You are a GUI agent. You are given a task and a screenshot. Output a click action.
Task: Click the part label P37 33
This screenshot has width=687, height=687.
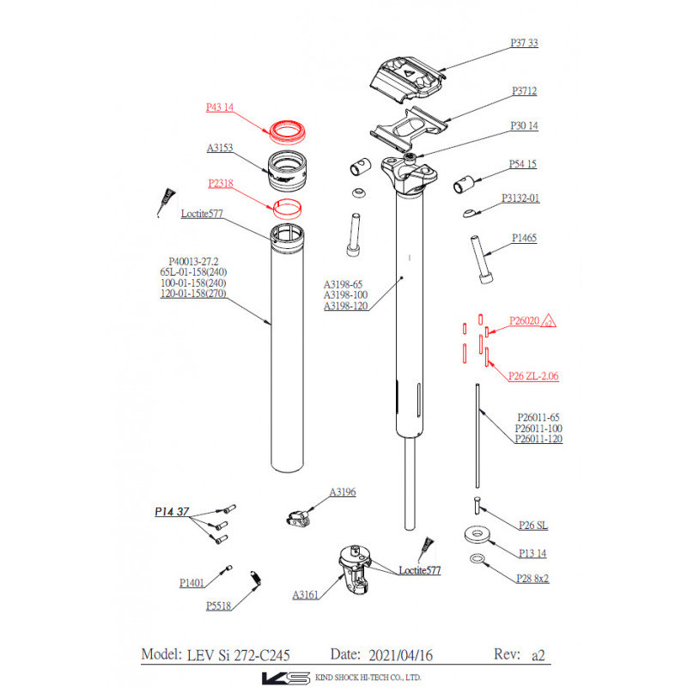coord(524,43)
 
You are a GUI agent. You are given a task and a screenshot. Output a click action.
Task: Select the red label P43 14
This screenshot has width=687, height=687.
coord(221,107)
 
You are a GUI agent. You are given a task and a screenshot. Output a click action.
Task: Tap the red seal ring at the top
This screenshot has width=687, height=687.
coord(289,131)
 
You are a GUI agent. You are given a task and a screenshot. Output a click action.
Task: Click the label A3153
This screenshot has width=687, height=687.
coord(221,148)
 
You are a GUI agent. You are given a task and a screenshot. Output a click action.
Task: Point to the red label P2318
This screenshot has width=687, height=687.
coord(221,183)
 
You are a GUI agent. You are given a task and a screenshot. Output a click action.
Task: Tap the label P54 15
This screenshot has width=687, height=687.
coord(523,164)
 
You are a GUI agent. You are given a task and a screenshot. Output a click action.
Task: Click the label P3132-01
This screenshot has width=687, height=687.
coord(520,198)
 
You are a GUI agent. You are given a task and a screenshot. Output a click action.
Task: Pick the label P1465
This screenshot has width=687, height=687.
coord(524,238)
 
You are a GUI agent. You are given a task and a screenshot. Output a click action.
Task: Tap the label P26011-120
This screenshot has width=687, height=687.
coord(538,439)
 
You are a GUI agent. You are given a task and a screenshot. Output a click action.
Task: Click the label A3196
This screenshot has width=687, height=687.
coord(343,492)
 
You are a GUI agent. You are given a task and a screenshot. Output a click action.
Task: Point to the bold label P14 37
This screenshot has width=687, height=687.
coord(172,512)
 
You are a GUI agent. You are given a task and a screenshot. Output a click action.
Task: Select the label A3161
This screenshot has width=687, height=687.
coord(306,594)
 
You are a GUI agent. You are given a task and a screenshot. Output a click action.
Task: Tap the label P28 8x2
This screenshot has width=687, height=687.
coord(532,578)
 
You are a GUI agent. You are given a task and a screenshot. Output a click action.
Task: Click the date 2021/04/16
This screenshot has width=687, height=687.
coord(400,655)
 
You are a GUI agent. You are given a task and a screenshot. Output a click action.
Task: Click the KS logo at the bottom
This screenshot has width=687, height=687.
coord(286,678)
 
